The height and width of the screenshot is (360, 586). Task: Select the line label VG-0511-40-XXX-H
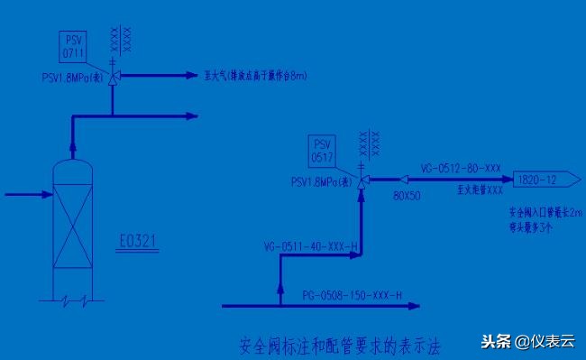coord(310,245)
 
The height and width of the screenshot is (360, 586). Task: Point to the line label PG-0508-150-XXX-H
coord(352,294)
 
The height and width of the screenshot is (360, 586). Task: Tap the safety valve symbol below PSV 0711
coord(113,78)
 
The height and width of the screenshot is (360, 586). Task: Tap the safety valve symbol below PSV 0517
coord(362,181)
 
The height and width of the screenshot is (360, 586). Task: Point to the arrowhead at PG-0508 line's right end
coord(414,307)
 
